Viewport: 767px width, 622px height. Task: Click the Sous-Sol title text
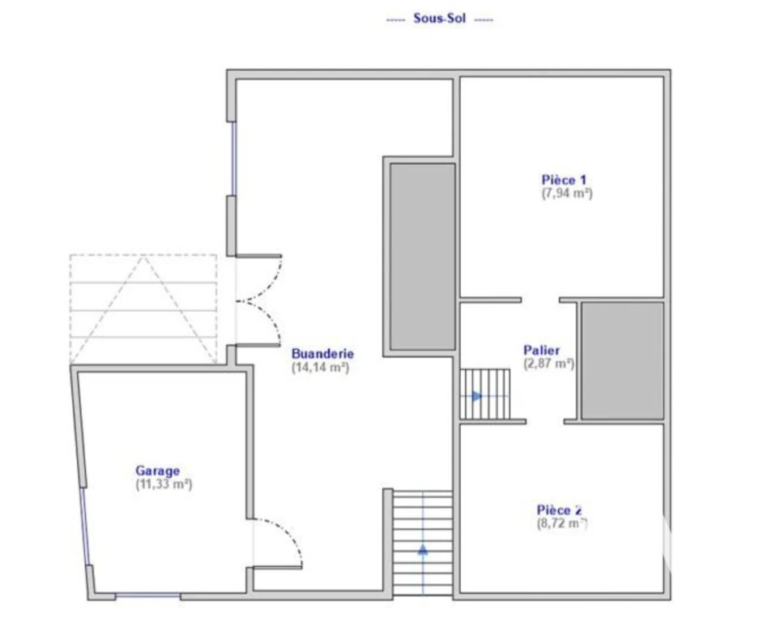[439, 19]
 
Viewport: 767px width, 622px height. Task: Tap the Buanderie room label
[323, 354]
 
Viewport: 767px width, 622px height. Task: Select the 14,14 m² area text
[321, 367]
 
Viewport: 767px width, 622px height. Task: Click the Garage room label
[157, 471]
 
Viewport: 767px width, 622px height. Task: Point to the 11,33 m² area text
[164, 484]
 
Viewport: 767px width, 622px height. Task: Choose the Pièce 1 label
[564, 180]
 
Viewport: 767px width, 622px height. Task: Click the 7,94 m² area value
[567, 193]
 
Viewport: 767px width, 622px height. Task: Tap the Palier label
[542, 350]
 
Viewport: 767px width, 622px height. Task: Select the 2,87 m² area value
[549, 364]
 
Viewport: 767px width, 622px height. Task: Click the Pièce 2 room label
[560, 510]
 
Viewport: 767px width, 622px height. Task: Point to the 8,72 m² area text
[562, 523]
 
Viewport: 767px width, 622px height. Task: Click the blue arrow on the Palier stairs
[477, 396]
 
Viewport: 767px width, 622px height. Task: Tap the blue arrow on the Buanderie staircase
[423, 550]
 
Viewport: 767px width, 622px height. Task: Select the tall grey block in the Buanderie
[423, 257]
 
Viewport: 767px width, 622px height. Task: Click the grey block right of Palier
[623, 361]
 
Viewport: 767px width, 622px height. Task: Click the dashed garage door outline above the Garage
[143, 309]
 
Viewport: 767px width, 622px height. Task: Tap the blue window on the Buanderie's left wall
[233, 159]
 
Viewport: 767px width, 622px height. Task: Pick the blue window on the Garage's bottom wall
[148, 595]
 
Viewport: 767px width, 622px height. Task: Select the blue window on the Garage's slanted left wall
[85, 526]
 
